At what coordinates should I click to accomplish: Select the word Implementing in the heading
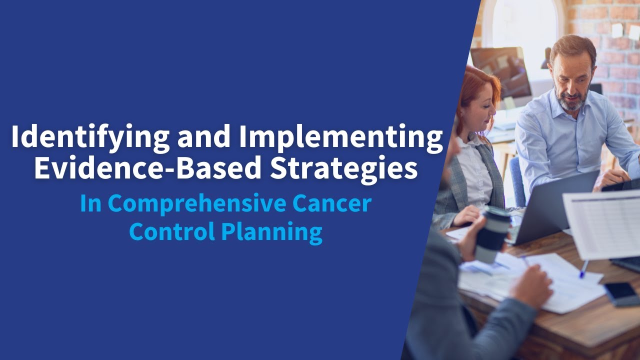coord(340,137)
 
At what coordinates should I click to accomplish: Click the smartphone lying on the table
coord(621,293)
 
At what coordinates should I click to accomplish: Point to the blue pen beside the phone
coord(583,269)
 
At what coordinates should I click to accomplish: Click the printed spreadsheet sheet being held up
coord(602,222)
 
